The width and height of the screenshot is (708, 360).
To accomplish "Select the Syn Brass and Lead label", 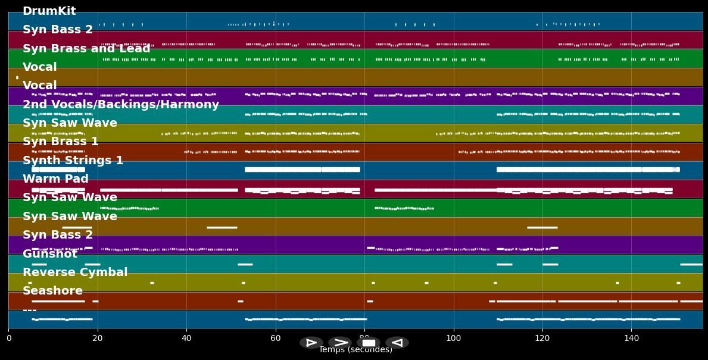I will pyautogui.click(x=86, y=49).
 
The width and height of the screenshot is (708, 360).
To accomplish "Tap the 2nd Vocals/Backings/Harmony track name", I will pyautogui.click(x=121, y=105).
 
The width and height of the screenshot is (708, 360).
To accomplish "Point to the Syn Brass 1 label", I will pyautogui.click(x=61, y=142).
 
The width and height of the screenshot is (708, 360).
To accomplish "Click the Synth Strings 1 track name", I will pyautogui.click(x=73, y=161).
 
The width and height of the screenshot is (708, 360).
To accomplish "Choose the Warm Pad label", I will pyautogui.click(x=55, y=179).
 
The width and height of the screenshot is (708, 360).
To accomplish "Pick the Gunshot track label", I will pyautogui.click(x=50, y=254).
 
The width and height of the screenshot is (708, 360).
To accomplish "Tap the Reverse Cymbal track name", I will pyautogui.click(x=75, y=273).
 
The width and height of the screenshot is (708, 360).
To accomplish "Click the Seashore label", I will pyautogui.click(x=53, y=291).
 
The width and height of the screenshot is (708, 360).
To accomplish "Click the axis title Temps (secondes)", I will pyautogui.click(x=355, y=350).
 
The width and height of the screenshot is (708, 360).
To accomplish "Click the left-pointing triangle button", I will pyautogui.click(x=397, y=343).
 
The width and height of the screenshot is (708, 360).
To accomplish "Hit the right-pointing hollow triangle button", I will pyautogui.click(x=311, y=343).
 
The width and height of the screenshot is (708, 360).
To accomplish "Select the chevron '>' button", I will pyautogui.click(x=340, y=343).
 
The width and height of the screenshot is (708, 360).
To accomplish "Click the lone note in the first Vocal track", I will pyautogui.click(x=17, y=77).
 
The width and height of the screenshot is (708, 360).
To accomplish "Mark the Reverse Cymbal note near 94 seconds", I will pyautogui.click(x=426, y=283).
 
